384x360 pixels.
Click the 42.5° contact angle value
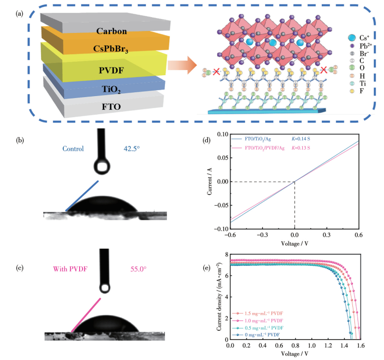pyautogui.click(x=132, y=149)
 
